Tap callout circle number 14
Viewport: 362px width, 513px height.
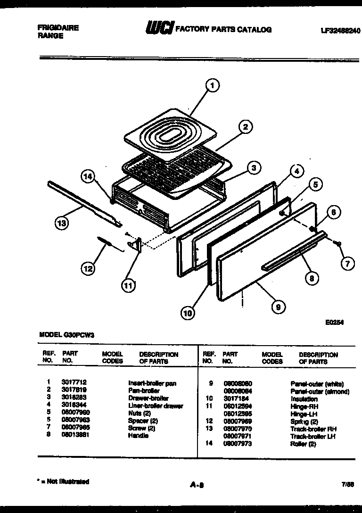[x=88, y=177]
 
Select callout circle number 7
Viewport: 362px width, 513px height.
[x=347, y=264]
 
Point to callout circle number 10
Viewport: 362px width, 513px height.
[x=188, y=312]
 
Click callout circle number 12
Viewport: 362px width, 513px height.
[x=87, y=269]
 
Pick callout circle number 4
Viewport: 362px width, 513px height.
[x=296, y=172]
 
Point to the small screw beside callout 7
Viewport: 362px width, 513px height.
[x=337, y=243]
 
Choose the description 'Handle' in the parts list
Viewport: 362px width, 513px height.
[x=138, y=436]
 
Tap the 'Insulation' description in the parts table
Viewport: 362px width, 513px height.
[x=304, y=399]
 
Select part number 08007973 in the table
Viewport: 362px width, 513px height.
[x=238, y=444]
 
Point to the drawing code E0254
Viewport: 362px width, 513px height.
[x=334, y=323]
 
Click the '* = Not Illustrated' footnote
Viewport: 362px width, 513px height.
[x=63, y=481]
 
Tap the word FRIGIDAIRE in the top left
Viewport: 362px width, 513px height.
[x=58, y=28]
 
